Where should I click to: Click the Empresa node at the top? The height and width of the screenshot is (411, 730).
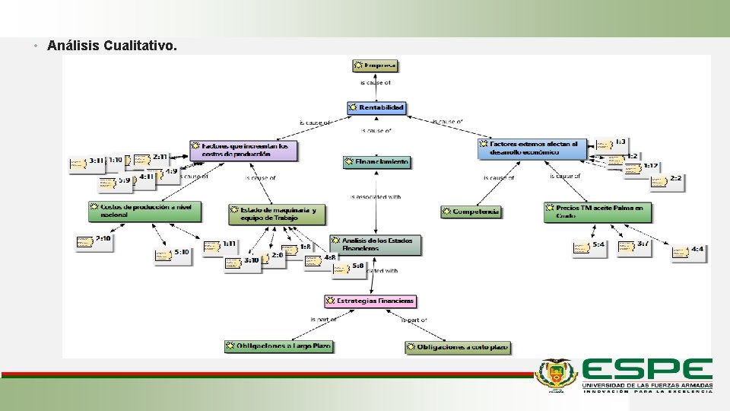pyautogui.click(x=376, y=66)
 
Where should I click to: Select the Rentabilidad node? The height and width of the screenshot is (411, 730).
pyautogui.click(x=377, y=108)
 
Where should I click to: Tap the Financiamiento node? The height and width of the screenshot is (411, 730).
pyautogui.click(x=377, y=162)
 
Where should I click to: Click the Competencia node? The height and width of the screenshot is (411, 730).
pyautogui.click(x=471, y=212)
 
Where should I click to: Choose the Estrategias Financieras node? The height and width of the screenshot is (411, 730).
pyautogui.click(x=371, y=301)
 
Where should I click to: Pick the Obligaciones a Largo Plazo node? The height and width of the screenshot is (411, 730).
pyautogui.click(x=279, y=346)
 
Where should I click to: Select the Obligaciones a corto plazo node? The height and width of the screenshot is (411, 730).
pyautogui.click(x=458, y=347)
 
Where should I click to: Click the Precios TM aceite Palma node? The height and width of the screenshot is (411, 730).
pyautogui.click(x=598, y=211)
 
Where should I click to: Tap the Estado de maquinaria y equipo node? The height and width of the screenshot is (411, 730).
pyautogui.click(x=277, y=213)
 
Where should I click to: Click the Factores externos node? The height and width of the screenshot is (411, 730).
pyautogui.click(x=532, y=148)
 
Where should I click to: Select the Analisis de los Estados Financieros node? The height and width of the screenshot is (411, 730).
pyautogui.click(x=376, y=244)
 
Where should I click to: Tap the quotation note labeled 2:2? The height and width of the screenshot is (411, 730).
pyautogui.click(x=667, y=180)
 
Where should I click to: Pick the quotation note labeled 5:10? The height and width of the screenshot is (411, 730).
pyautogui.click(x=173, y=253)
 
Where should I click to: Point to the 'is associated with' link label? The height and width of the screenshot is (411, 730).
pyautogui.click(x=376, y=197)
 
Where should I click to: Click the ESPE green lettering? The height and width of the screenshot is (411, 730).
pyautogui.click(x=647, y=371)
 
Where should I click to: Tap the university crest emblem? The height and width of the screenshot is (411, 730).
pyautogui.click(x=557, y=374)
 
